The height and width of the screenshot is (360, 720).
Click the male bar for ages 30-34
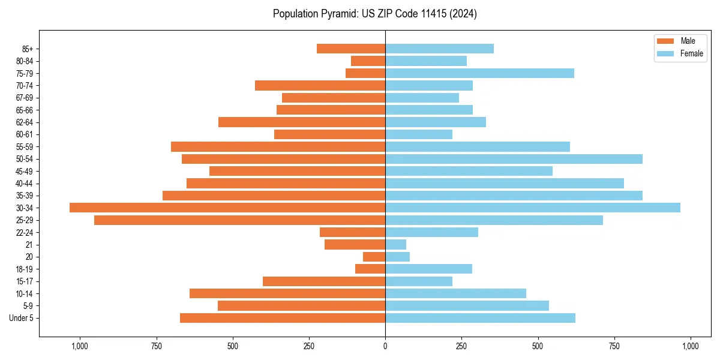pyautogui.click(x=227, y=208)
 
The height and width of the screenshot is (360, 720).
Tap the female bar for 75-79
pyautogui.click(x=479, y=73)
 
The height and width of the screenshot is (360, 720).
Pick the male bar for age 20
pyautogui.click(x=374, y=257)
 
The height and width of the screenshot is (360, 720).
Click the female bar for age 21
pyautogui.click(x=395, y=245)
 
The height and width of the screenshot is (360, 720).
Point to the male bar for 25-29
pyautogui.click(x=239, y=220)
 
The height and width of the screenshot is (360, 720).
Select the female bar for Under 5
pyautogui.click(x=480, y=318)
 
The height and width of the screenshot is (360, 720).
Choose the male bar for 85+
pyautogui.click(x=351, y=49)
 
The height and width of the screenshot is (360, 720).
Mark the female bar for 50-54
pyautogui.click(x=514, y=159)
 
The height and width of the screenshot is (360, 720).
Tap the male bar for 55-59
pyautogui.click(x=278, y=146)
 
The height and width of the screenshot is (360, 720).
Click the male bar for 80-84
pyautogui.click(x=368, y=61)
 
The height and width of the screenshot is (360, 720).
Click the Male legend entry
pyautogui.click(x=688, y=41)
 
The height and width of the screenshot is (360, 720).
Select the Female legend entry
pyautogui.click(x=691, y=53)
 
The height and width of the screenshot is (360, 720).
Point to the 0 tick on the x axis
pyautogui.click(x=385, y=346)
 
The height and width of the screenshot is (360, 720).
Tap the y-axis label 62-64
pyautogui.click(x=25, y=122)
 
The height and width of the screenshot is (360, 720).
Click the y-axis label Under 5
pyautogui.click(x=22, y=318)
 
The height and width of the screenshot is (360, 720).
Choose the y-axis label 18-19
pyautogui.click(x=25, y=269)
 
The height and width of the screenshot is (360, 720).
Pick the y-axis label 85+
pyautogui.click(x=26, y=49)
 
